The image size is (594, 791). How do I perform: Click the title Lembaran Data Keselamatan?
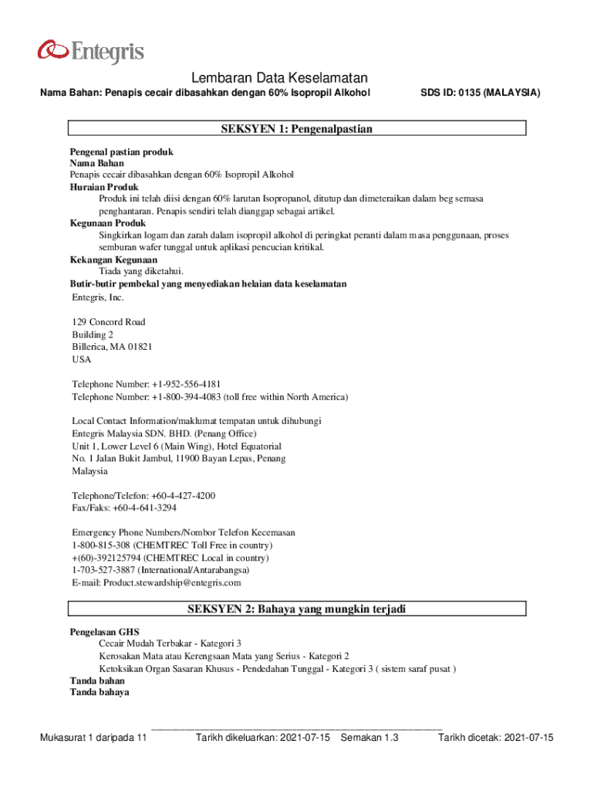tap(279, 78)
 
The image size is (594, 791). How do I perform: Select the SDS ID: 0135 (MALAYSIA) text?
tap(480, 93)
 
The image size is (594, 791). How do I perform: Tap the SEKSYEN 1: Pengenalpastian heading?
tap(297, 129)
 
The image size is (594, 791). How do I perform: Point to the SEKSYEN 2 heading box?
tap(297, 609)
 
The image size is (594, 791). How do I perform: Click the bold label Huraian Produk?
tap(104, 187)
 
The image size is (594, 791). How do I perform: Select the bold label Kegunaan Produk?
tap(107, 223)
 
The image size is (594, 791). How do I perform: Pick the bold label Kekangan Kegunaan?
tap(108, 260)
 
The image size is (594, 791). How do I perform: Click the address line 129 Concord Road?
tap(109, 322)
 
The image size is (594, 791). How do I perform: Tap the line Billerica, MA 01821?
tap(112, 347)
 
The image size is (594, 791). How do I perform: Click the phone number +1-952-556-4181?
tap(186, 385)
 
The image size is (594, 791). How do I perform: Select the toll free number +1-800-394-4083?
tap(186, 397)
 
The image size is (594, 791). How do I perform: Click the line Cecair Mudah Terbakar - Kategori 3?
tap(170, 643)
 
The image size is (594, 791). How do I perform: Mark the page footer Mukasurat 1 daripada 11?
tap(93, 738)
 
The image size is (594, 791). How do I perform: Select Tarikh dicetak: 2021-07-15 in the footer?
tap(496, 738)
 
